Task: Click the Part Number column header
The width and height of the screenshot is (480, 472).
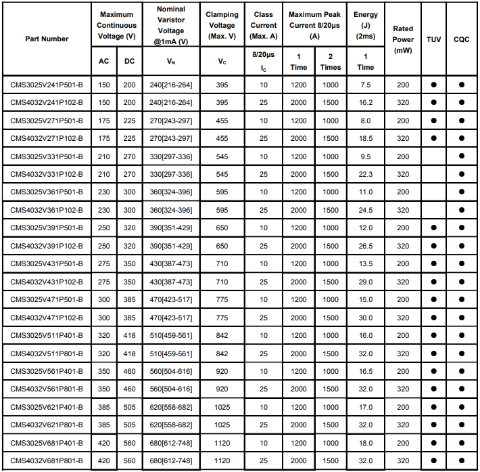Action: [x=47, y=39]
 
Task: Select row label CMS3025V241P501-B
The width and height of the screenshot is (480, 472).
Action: [x=47, y=85]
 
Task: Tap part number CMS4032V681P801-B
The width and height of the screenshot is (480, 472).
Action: [x=47, y=461]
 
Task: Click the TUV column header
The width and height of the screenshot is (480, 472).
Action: [x=433, y=39]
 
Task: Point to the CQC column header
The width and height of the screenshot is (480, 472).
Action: [x=462, y=39]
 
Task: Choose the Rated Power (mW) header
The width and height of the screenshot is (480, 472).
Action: [x=403, y=39]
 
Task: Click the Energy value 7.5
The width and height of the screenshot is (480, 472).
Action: [x=366, y=85]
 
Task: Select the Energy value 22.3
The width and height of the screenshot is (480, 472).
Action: [x=366, y=174]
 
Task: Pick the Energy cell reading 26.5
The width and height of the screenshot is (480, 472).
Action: [x=366, y=246]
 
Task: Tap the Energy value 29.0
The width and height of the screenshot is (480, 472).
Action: [x=366, y=282]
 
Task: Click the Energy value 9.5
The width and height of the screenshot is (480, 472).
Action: [x=366, y=156]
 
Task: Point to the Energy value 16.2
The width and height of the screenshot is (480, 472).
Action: [x=366, y=102]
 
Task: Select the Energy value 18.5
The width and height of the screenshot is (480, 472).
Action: [x=366, y=138]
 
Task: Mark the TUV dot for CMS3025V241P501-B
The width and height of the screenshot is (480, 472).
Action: [x=433, y=85]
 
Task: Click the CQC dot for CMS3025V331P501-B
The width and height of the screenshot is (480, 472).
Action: [x=462, y=156]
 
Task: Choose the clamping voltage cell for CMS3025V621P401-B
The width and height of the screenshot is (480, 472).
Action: [x=222, y=408]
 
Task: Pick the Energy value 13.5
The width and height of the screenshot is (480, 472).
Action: [x=366, y=264]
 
